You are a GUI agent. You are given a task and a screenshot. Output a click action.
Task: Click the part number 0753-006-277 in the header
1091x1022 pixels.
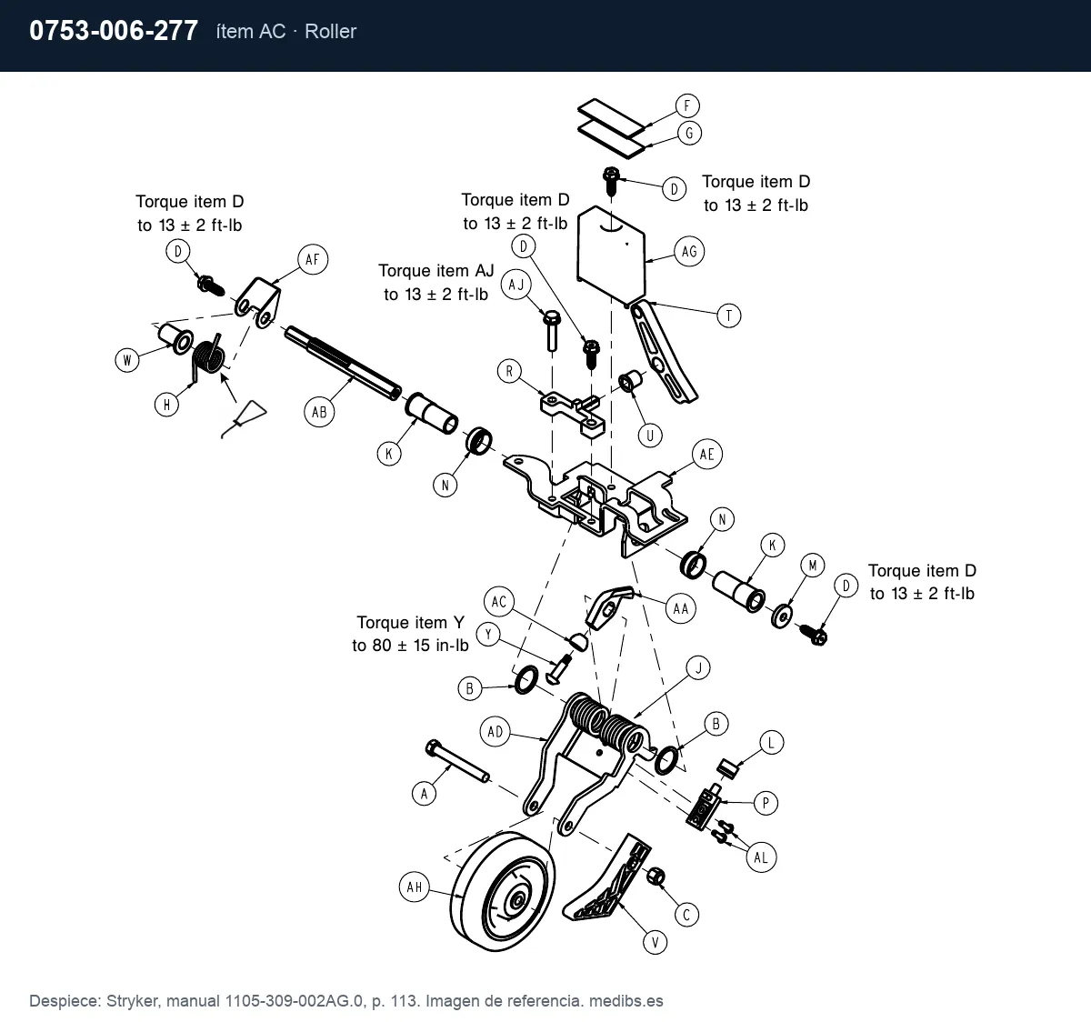tap(114, 31)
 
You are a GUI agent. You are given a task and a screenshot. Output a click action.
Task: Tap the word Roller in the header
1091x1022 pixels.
tap(330, 31)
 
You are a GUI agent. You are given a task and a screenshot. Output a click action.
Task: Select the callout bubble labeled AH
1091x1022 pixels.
tap(415, 887)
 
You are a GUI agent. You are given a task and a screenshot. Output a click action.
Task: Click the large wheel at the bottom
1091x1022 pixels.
tap(502, 891)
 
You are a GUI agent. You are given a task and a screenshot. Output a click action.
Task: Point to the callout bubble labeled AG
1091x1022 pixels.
tap(689, 252)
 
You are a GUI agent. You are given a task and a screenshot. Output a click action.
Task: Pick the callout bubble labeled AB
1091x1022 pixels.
tap(319, 412)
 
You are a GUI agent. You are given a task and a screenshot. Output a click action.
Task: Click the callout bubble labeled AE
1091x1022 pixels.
tap(707, 455)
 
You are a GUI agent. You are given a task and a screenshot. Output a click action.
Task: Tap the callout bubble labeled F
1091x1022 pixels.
tap(687, 106)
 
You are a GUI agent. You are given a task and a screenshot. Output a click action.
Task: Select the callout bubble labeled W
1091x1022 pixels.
tap(127, 360)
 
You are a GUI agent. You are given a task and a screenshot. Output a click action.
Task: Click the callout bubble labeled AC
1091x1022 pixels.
tap(499, 602)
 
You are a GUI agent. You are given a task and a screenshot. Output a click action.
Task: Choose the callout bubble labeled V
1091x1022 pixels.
tap(655, 943)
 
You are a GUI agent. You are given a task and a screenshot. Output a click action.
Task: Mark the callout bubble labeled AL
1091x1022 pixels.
tap(761, 857)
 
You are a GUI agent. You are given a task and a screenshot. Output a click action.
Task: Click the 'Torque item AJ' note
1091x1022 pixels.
tap(436, 283)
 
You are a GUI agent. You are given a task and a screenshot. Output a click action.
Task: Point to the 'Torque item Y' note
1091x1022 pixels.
tap(410, 634)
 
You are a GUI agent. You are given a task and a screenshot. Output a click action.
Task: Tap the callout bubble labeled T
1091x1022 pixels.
tap(729, 316)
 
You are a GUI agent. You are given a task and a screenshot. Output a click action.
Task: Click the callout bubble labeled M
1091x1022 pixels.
tap(813, 566)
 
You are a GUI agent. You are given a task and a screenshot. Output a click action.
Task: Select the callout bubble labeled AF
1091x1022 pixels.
tap(313, 259)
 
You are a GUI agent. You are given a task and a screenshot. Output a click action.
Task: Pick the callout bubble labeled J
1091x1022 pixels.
tap(698, 668)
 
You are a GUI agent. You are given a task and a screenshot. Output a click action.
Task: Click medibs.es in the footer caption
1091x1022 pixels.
tap(626, 1000)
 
